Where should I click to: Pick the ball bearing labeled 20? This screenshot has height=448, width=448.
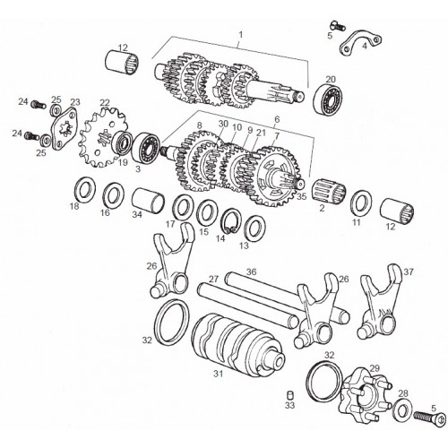click(x=329, y=98)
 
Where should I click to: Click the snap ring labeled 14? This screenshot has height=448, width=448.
click(x=231, y=221)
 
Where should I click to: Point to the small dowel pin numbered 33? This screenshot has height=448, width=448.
click(x=289, y=394)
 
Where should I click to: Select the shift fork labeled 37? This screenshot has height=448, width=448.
click(x=379, y=302)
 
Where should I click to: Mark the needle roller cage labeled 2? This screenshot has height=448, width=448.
click(x=329, y=190)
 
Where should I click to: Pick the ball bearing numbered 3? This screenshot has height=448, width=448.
click(x=146, y=149)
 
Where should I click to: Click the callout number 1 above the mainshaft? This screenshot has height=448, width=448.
click(x=241, y=35)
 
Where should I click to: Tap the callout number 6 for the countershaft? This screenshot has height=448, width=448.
click(x=277, y=119)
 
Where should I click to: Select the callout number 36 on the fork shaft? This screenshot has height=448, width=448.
click(x=251, y=272)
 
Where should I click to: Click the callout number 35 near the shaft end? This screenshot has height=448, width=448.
click(x=302, y=196)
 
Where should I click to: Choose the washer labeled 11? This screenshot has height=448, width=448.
click(x=361, y=202)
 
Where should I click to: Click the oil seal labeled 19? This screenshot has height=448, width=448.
click(x=122, y=143)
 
